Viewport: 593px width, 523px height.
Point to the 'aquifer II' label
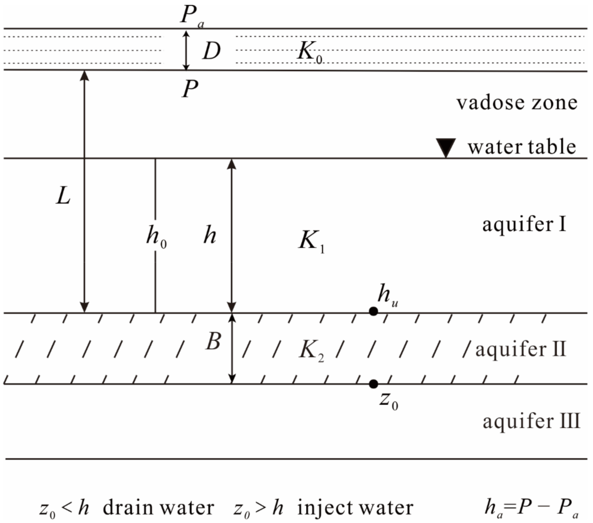[520, 349]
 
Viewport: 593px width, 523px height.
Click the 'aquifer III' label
[531, 421]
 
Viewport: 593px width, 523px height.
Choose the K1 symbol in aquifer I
[311, 241]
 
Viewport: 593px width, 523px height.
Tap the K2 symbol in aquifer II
[311, 350]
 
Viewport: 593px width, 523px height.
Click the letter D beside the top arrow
[211, 51]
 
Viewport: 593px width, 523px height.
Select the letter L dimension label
[63, 196]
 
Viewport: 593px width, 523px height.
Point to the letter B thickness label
[213, 342]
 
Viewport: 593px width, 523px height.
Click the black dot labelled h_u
[373, 311]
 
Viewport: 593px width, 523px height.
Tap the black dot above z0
[373, 384]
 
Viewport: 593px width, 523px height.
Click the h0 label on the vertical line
[156, 236]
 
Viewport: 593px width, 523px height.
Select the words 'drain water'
[158, 508]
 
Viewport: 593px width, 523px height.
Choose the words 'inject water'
[355, 508]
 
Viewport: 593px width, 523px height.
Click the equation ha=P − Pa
[531, 508]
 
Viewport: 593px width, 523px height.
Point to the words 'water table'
[522, 147]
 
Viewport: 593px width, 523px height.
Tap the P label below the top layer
[190, 89]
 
